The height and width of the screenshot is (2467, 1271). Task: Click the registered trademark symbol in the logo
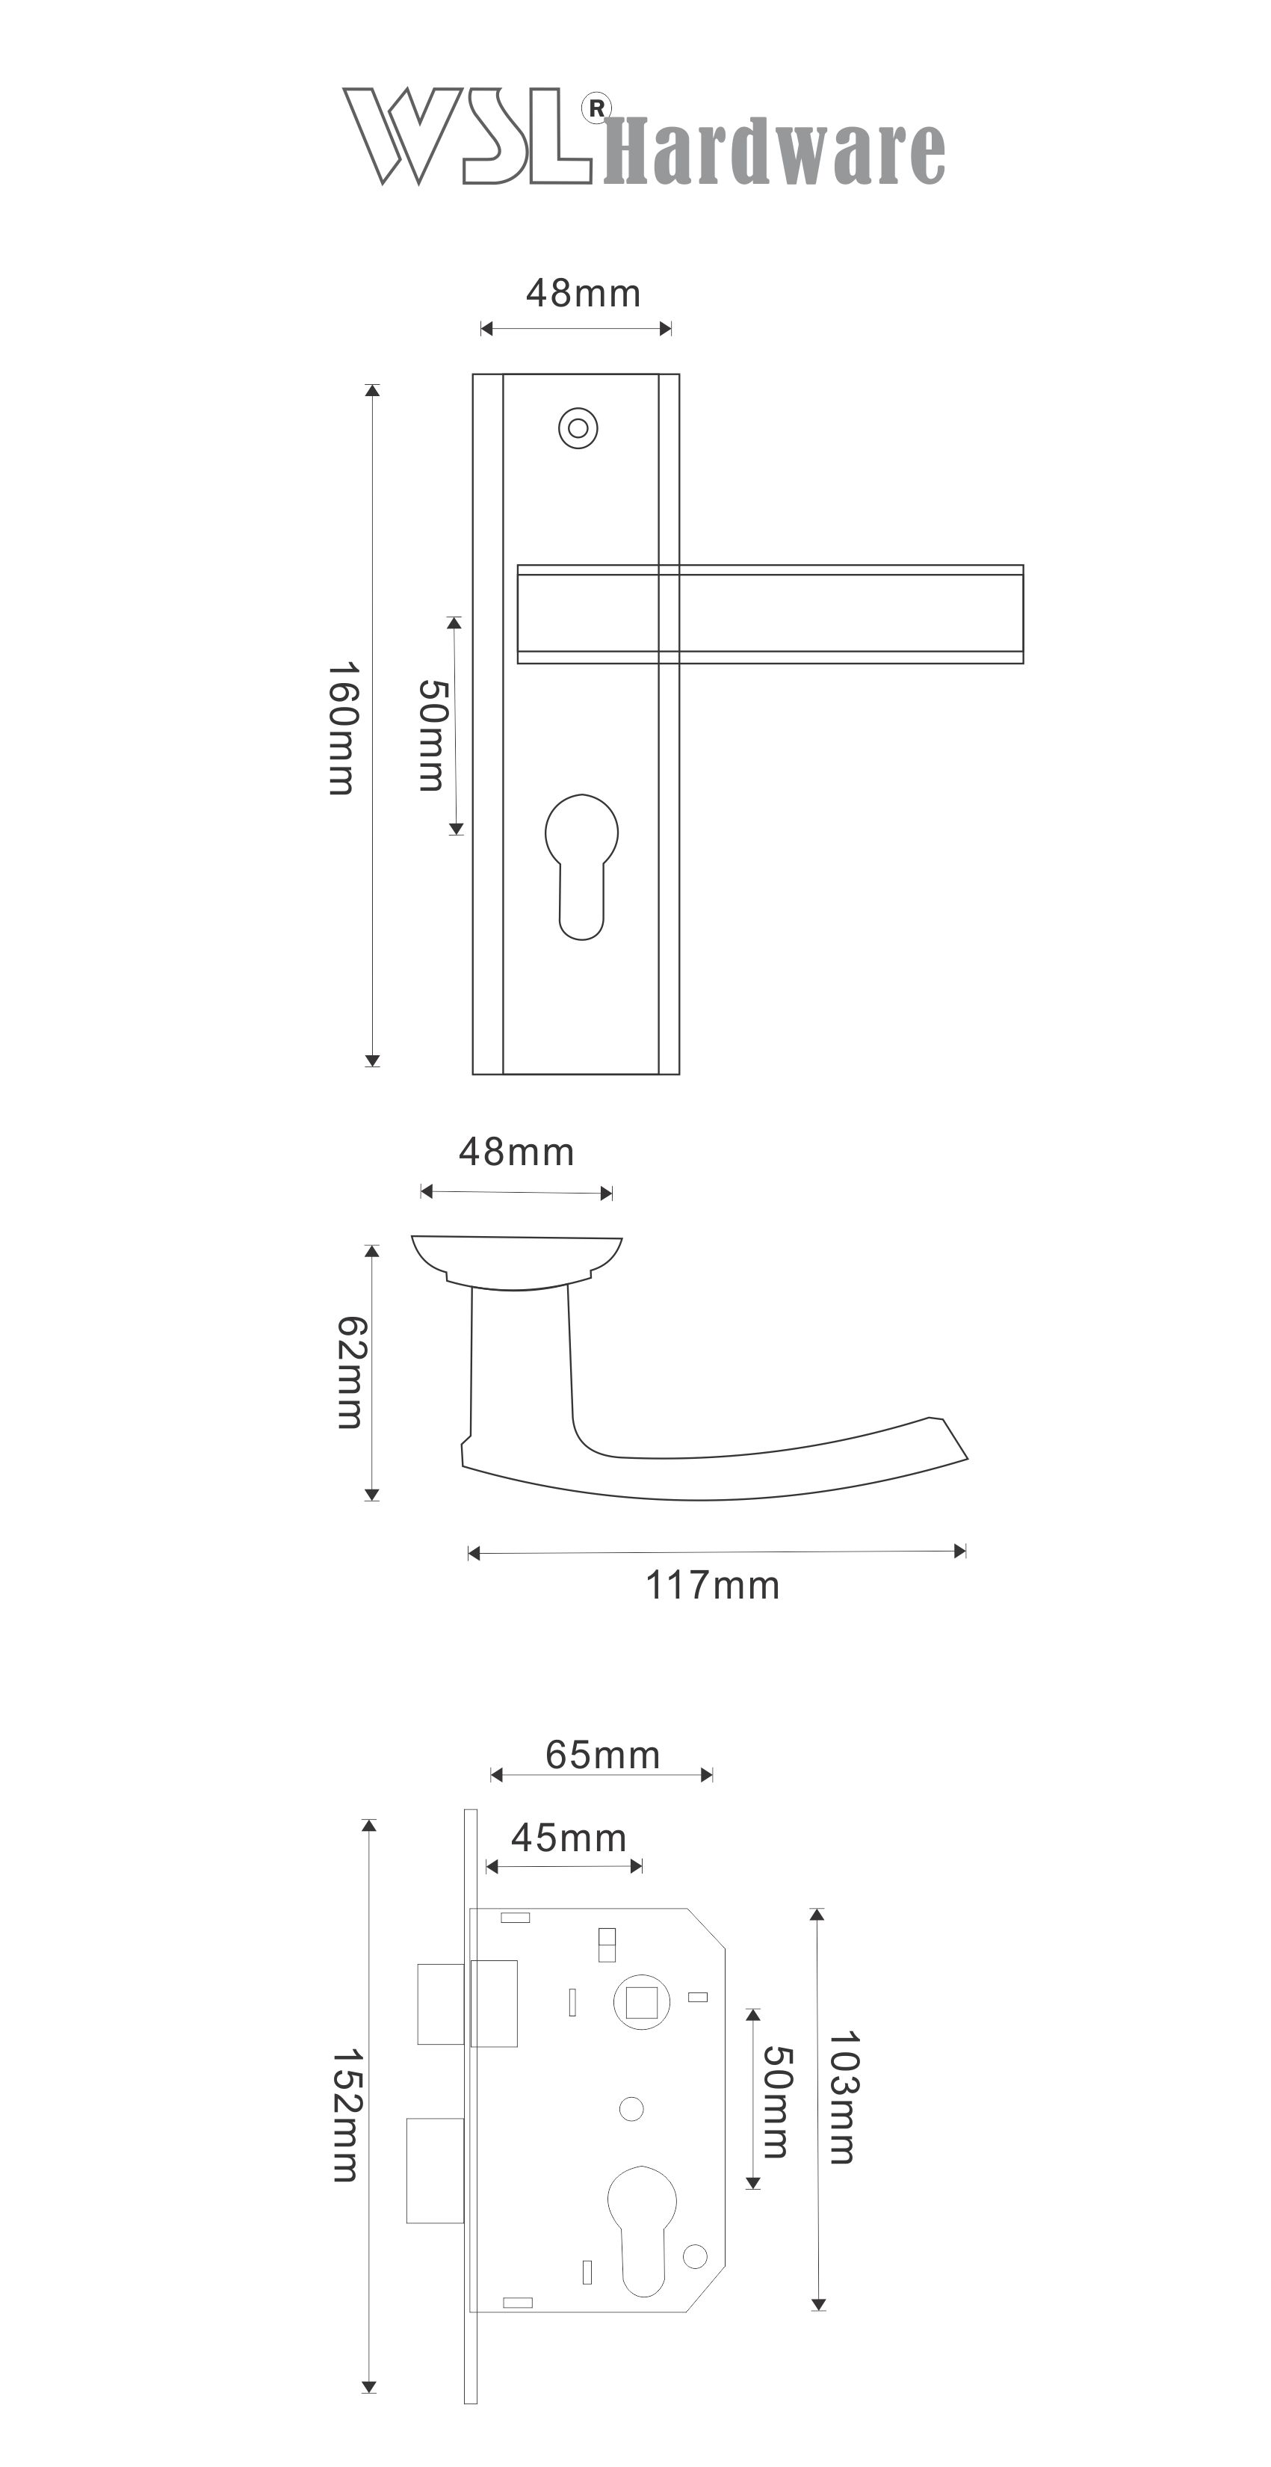pyautogui.click(x=596, y=108)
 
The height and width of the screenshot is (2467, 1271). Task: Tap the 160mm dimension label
pyautogui.click(x=342, y=729)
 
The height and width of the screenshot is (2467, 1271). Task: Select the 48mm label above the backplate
pyautogui.click(x=584, y=293)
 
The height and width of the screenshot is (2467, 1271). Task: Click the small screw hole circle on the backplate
pyautogui.click(x=578, y=428)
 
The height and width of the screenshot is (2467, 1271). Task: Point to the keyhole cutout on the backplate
pyautogui.click(x=581, y=867)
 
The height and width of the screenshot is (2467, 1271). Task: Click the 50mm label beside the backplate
pyautogui.click(x=433, y=735)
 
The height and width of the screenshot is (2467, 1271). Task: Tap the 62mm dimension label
pyautogui.click(x=350, y=1372)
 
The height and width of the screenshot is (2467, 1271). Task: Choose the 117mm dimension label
pyautogui.click(x=713, y=1586)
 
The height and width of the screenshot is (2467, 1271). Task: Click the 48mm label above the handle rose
pyautogui.click(x=516, y=1152)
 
